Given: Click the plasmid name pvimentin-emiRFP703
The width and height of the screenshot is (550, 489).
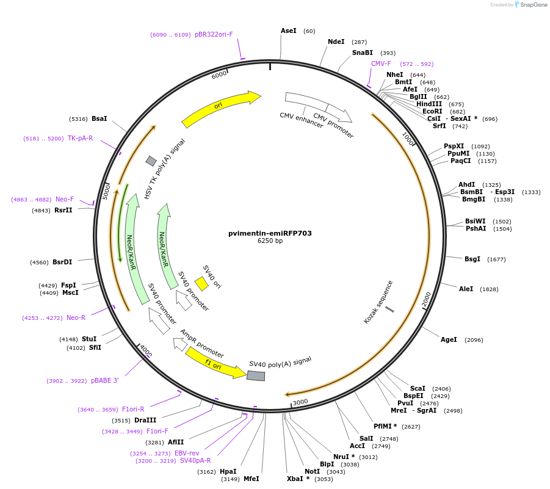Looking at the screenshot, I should coord(270,233).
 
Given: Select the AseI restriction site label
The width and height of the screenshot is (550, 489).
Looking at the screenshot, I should coord(289,31).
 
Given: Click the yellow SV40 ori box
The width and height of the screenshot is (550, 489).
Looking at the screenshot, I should coord(201,284).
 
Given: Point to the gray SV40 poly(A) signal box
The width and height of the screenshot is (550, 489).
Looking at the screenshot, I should coord(256,375).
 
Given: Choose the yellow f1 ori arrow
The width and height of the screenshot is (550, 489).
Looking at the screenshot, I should coord(215,362).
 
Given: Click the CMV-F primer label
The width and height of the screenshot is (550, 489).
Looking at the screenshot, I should coord(381,63).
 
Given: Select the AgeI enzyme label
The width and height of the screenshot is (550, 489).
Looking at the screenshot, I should coord(449,339).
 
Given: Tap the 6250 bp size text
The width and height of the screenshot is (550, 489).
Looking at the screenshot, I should coord(270,241).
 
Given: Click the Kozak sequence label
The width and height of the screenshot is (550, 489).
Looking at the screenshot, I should coord(378,302).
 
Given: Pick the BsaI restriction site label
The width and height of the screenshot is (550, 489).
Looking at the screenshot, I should coord(98,118).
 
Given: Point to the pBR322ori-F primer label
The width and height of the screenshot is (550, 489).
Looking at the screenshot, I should coord(214,34).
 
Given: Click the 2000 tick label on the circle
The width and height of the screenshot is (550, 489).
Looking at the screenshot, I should coord(427,299).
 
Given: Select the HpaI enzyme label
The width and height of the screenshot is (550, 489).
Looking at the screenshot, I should coord(228,471).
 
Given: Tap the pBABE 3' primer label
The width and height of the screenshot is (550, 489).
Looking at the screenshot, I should coord(104,380).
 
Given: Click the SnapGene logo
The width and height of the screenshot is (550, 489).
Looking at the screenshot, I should coord(529,5).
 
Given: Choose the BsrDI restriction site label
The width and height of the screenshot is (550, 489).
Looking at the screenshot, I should coord(62,262).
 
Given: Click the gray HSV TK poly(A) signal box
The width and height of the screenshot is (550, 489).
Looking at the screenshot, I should coord(151,161).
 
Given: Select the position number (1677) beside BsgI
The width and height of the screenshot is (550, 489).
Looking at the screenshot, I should coord(496,259).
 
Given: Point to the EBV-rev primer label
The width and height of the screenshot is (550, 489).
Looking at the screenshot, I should coord(187,453).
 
